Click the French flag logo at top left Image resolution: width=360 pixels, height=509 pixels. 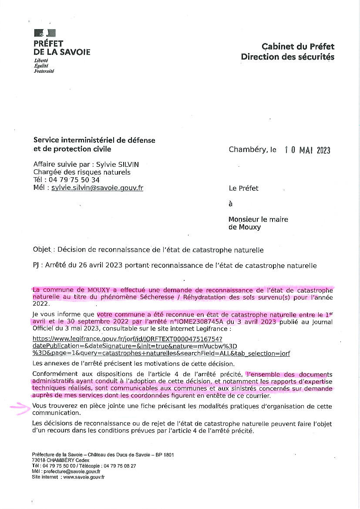(x=45, y=33)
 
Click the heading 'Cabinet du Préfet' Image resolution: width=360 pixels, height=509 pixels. (x=298, y=47)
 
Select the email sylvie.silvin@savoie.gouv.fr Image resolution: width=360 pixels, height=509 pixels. (x=97, y=188)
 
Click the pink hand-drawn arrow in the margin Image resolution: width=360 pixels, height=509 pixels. (x=19, y=408)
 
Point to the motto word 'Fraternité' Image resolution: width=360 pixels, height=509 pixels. (x=44, y=71)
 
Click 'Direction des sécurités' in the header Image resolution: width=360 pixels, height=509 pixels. (x=288, y=57)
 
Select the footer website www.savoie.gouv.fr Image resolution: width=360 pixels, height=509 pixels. (x=84, y=477)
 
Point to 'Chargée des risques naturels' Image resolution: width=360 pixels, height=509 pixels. (x=82, y=172)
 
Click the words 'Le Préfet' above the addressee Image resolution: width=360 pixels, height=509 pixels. (x=243, y=189)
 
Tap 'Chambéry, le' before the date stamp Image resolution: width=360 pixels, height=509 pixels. (x=252, y=150)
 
